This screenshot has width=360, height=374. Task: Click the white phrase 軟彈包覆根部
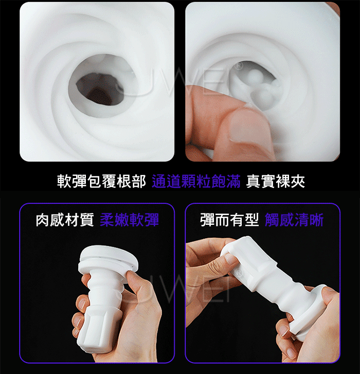point(101,181)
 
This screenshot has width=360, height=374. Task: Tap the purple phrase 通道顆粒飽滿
point(196,181)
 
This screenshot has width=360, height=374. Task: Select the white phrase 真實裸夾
point(276,181)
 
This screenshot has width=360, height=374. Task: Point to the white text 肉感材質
point(65,220)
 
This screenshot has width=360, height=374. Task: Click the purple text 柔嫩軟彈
point(129,220)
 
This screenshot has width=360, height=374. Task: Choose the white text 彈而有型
point(229,220)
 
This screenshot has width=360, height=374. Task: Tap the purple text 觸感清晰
point(294,220)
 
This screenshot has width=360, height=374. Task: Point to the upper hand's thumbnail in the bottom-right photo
point(229,258)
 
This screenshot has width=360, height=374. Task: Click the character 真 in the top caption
point(254,181)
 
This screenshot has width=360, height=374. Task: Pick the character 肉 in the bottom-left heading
point(43,220)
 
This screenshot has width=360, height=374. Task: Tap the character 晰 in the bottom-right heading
point(317,220)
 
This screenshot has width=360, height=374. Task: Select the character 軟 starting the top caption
point(64,181)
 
